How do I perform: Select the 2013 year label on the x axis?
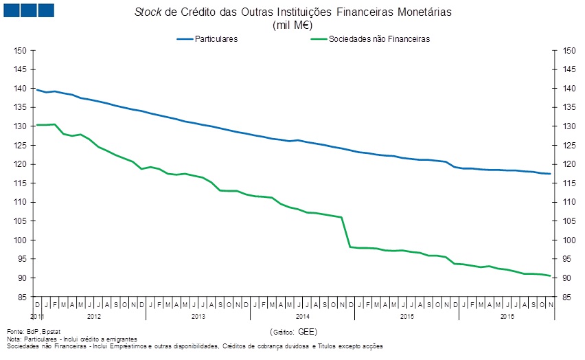point(198,317)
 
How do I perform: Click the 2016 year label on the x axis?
point(507,317)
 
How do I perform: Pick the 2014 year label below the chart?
point(302,317)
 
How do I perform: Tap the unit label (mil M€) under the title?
point(292,25)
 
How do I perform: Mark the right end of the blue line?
point(550,174)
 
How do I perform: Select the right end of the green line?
point(550,276)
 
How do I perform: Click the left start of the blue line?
point(37,90)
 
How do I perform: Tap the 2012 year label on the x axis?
point(93,317)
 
